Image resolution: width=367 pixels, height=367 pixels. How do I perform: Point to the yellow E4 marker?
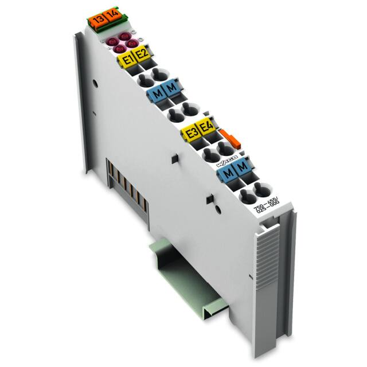205,128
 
